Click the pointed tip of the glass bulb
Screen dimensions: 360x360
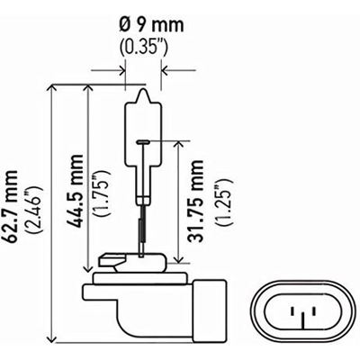[x=141, y=87]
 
